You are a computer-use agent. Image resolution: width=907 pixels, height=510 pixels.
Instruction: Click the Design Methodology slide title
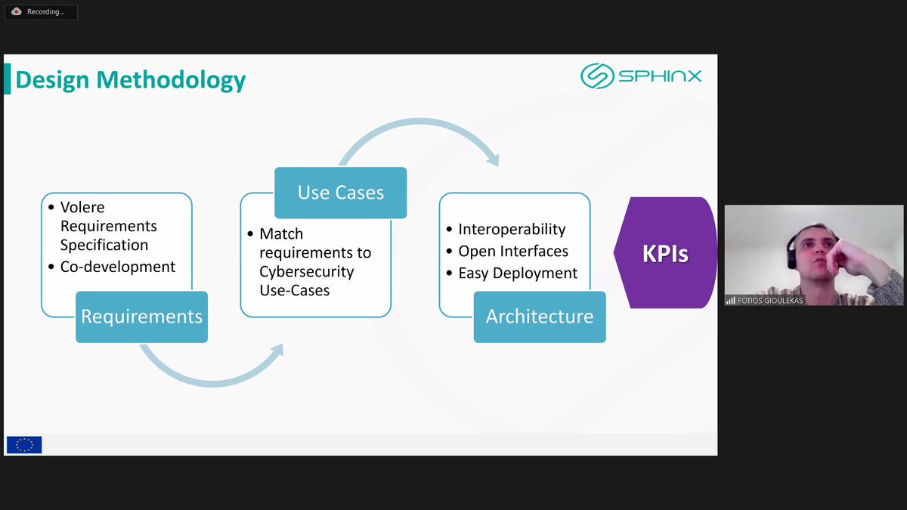pyautogui.click(x=131, y=79)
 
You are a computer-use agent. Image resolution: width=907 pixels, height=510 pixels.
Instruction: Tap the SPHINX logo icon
pyautogui.click(x=596, y=76)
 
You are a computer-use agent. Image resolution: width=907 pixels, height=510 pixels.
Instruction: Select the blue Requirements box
pyautogui.click(x=141, y=317)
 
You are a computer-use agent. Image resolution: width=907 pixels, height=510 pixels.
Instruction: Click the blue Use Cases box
pyautogui.click(x=340, y=193)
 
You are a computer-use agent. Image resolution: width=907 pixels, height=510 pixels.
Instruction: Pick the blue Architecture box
pyautogui.click(x=540, y=317)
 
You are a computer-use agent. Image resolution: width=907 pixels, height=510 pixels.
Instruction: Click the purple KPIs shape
pyautogui.click(x=664, y=253)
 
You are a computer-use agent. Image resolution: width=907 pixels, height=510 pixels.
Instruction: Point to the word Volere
pyautogui.click(x=82, y=207)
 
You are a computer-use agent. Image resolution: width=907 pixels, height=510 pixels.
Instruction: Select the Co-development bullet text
pyautogui.click(x=117, y=267)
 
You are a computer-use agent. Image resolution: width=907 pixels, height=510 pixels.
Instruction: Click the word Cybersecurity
pyautogui.click(x=306, y=271)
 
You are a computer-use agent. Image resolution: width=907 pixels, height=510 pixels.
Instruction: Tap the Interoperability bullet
pyautogui.click(x=512, y=229)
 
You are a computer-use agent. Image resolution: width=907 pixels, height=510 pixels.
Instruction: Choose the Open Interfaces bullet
pyautogui.click(x=513, y=251)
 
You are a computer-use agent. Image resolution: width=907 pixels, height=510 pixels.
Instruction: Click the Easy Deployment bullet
pyautogui.click(x=518, y=273)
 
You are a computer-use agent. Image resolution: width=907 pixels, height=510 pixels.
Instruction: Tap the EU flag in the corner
pyautogui.click(x=24, y=445)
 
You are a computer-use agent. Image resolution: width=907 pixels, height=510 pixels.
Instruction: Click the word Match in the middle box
pyautogui.click(x=281, y=233)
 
